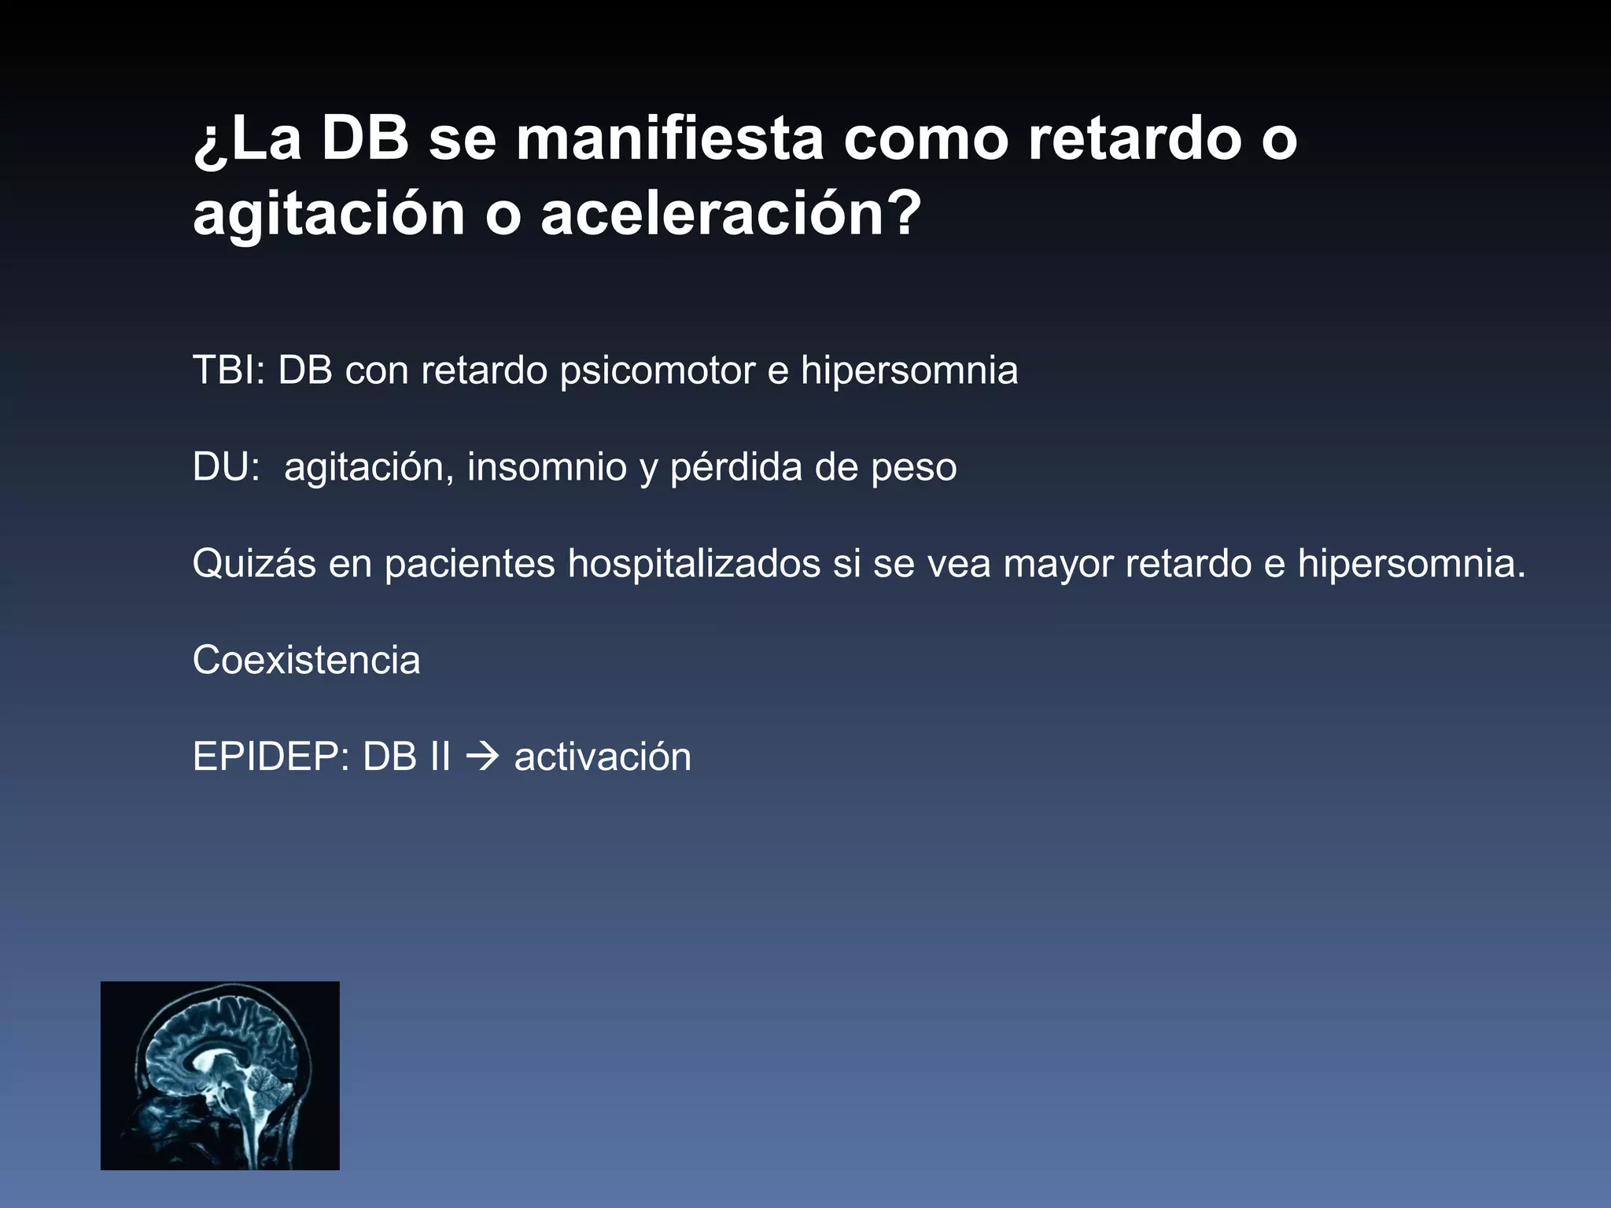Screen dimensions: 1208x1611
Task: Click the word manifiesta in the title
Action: coord(669,139)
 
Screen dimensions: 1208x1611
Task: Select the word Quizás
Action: coord(253,564)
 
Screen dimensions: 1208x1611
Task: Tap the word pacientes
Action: coord(470,564)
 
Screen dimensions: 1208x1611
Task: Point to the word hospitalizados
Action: coord(694,564)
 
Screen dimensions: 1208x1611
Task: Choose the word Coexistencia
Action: coord(306,660)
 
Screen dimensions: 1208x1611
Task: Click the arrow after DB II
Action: coord(483,757)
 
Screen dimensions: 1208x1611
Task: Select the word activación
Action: coord(603,757)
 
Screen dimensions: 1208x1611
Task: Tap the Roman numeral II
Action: coord(440,757)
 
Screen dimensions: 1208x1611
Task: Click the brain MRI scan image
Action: coord(220,1075)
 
